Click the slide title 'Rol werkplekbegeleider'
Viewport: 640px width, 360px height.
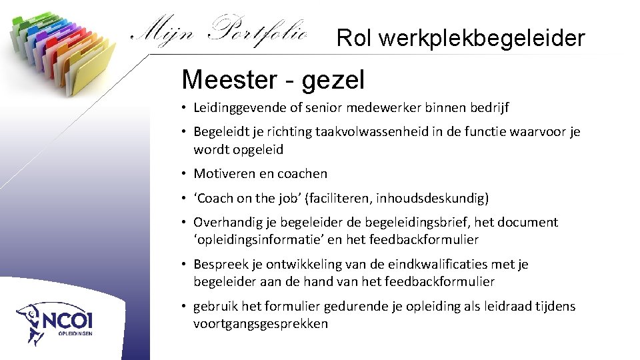coord(461,38)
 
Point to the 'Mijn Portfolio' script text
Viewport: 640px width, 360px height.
coord(220,31)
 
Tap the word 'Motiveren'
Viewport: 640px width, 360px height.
coord(221,174)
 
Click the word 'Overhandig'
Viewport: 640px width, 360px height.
coord(225,223)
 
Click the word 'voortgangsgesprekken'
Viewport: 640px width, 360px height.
coord(261,324)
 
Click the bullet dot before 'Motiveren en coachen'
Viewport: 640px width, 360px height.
coord(184,174)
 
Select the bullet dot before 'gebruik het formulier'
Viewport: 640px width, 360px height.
coord(184,307)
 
